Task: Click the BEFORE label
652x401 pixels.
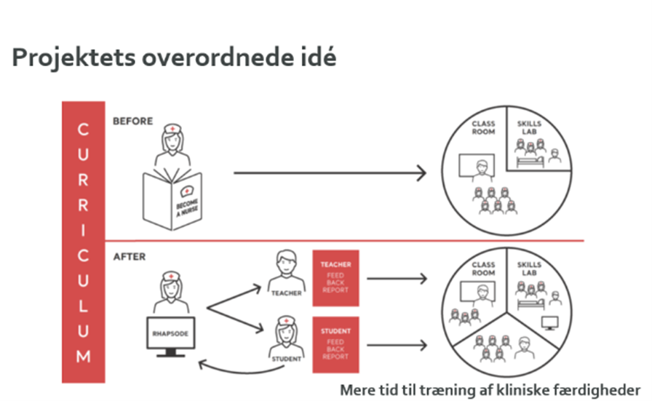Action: (x=132, y=121)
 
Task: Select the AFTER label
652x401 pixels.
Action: (x=129, y=256)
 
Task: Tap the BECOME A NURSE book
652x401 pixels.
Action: (x=172, y=198)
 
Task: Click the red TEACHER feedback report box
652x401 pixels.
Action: (x=335, y=278)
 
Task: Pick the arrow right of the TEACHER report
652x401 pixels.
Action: (x=396, y=278)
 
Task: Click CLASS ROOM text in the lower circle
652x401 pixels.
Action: (x=483, y=269)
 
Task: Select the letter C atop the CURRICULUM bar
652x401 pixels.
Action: (x=83, y=130)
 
